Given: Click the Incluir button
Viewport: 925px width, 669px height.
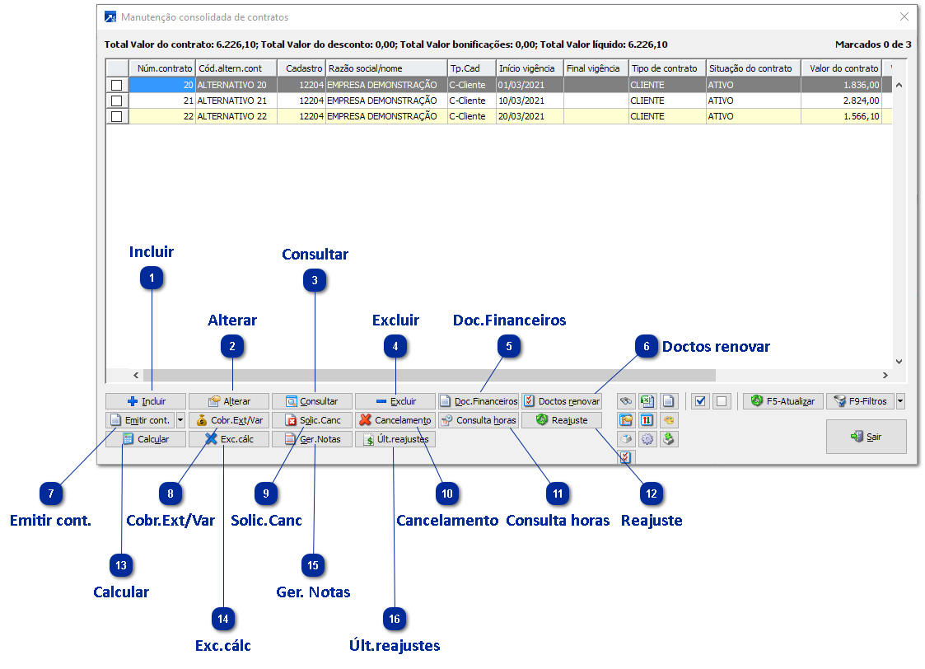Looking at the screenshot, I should pos(146,401).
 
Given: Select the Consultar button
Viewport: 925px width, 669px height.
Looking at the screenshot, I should pos(311,401).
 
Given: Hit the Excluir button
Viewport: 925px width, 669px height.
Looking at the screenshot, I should pos(395,401).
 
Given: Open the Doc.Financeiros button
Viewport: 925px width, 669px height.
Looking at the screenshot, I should pos(478,401).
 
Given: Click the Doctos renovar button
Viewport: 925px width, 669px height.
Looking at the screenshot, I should pos(562,401).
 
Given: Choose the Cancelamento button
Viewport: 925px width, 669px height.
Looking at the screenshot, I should pos(395,420).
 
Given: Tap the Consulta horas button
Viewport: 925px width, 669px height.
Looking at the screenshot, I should pos(478,420).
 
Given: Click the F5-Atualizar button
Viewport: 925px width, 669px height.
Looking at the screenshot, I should pos(783,401).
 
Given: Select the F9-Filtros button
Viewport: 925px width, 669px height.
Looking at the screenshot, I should pos(859,401).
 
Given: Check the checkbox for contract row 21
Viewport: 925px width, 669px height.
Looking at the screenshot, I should pos(116,101).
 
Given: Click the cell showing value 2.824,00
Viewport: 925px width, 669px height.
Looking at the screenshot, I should pos(841,101).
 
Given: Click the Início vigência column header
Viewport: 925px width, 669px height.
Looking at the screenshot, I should pos(528,68).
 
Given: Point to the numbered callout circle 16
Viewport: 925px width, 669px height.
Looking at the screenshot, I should pos(395,619).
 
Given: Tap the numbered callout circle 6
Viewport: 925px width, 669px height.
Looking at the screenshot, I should pos(647,347).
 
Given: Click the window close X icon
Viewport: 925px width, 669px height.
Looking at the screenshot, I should pos(904,16).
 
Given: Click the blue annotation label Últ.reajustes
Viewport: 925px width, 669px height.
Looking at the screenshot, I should pos(395,645).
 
